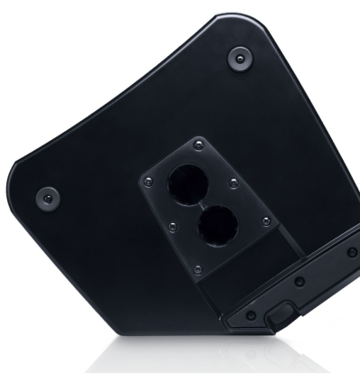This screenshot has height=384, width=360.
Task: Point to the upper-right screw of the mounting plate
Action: [x=234, y=183]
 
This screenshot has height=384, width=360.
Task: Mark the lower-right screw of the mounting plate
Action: [x=264, y=221]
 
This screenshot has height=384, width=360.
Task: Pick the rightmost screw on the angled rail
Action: [x=351, y=252]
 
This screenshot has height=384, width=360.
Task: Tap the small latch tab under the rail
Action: [x=280, y=315]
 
